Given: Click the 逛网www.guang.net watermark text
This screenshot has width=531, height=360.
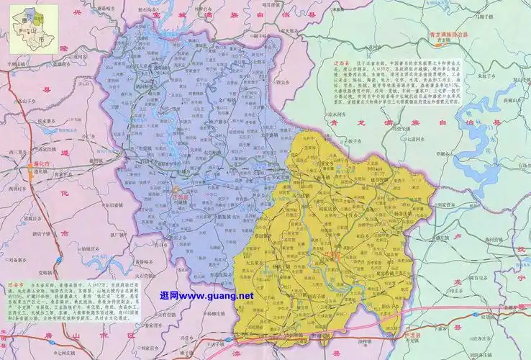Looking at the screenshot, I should coord(206,295).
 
